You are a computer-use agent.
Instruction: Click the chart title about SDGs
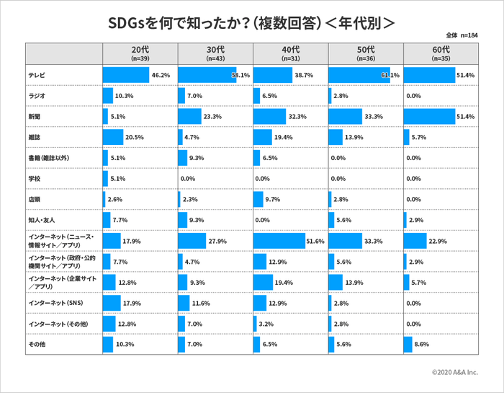[x=251, y=22]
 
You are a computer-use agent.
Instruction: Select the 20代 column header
[x=140, y=53]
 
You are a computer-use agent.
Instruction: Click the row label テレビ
[x=37, y=75]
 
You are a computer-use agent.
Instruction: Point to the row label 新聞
[x=35, y=116]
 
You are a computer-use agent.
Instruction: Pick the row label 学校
[x=35, y=178]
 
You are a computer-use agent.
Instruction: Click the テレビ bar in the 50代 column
[x=359, y=75]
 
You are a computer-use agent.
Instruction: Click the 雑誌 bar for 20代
[x=113, y=137]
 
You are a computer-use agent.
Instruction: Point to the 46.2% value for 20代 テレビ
[x=161, y=75]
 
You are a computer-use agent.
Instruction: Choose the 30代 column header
[x=215, y=53]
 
